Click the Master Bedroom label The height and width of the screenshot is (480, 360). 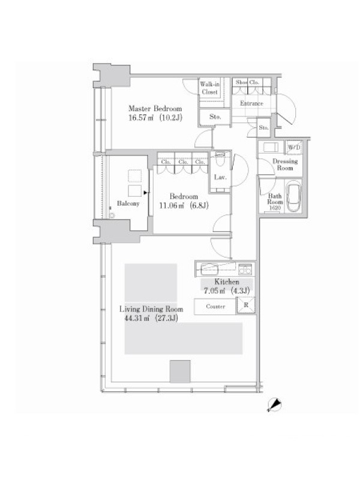(155, 109)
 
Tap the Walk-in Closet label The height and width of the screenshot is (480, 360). (209, 88)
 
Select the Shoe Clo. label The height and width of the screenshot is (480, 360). (247, 82)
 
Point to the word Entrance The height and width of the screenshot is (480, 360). (251, 103)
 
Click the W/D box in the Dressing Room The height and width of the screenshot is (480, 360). (294, 148)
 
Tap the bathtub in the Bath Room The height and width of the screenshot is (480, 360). (293, 196)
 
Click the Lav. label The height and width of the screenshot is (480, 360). (220, 177)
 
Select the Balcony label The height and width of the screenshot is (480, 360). (128, 203)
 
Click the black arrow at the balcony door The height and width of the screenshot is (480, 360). (145, 193)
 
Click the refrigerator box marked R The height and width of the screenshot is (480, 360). (246, 305)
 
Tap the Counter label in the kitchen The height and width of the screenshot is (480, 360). (215, 307)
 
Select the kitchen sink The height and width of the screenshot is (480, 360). (209, 269)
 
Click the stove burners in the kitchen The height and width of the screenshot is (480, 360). (245, 269)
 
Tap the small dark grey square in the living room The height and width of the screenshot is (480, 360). (180, 371)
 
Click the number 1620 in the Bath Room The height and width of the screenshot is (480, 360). (275, 208)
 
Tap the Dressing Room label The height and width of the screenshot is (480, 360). (285, 164)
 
